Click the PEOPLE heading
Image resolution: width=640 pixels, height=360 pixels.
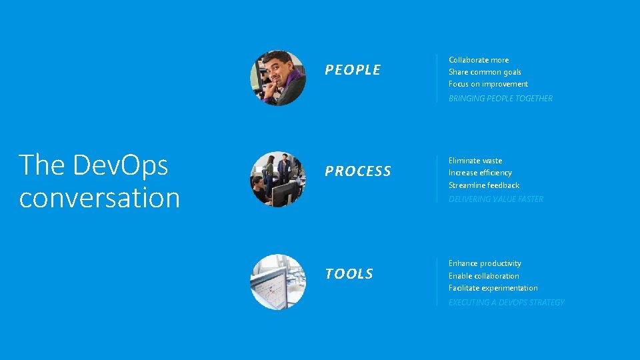pos(353,70)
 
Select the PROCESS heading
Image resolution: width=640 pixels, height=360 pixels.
pos(358,171)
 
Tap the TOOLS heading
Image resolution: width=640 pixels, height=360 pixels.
pos(349,274)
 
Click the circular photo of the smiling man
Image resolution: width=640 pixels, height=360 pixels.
pos(278,78)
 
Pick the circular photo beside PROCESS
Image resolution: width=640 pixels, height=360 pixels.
pos(278,179)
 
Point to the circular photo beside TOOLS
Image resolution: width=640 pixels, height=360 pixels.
pos(278,281)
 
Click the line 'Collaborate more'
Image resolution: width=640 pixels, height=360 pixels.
pos(479,60)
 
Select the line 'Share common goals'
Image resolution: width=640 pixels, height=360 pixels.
pos(485,72)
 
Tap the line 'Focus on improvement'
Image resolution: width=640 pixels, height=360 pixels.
pos(488,84)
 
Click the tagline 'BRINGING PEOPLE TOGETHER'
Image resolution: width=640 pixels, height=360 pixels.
pos(501,99)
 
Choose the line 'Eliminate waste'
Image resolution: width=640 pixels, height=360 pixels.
pos(475,161)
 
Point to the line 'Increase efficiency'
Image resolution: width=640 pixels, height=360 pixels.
pos(480,173)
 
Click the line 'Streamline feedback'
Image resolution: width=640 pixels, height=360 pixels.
pos(484,185)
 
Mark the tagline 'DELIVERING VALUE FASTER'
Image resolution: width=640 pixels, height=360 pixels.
pos(496,199)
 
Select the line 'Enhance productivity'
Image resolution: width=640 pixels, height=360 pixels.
pos(485,263)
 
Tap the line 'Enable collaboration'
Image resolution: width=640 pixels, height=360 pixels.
pos(483,276)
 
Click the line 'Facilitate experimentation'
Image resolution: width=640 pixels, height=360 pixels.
pos(493,288)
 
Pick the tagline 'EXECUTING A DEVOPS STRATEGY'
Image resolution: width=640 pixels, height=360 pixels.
pos(506,303)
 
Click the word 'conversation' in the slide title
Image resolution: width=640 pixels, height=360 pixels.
pos(99,198)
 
